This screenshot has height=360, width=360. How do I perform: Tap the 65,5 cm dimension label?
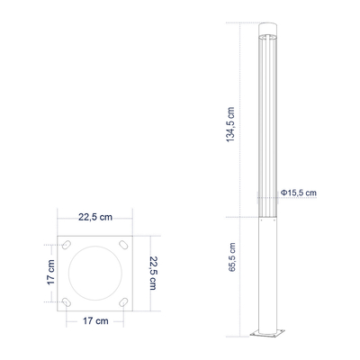233,257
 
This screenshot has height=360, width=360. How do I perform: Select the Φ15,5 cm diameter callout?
298,193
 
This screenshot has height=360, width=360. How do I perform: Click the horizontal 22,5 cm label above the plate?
95,216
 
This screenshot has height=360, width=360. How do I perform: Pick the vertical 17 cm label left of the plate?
51,273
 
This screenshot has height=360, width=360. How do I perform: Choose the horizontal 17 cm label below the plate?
95,320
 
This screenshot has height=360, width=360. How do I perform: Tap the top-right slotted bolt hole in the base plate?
121,245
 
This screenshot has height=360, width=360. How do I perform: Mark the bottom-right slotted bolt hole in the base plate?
121,300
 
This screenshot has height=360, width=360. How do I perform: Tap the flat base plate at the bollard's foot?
267,336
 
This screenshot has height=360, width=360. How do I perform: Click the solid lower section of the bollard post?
267,270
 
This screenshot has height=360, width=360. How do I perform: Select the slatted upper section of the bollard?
267,126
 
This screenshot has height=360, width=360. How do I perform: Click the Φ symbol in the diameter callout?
283,193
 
